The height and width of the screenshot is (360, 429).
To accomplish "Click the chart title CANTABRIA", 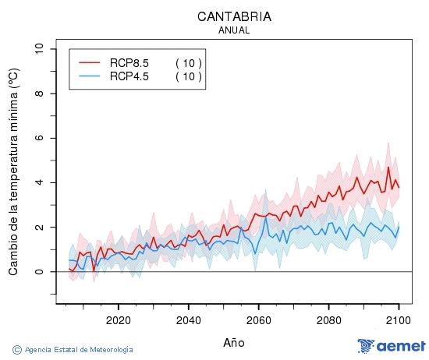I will (x=234, y=16).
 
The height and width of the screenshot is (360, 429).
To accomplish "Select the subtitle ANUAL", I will (x=234, y=30).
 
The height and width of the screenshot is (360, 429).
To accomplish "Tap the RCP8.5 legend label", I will (x=129, y=63).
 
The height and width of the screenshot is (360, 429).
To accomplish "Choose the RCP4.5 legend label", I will (x=129, y=76).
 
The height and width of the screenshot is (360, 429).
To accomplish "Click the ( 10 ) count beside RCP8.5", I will (x=189, y=63).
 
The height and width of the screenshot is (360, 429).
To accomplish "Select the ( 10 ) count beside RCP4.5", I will (x=189, y=76).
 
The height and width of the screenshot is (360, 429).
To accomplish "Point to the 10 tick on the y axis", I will (x=40, y=49).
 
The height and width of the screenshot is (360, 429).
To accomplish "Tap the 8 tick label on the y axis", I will (x=40, y=94).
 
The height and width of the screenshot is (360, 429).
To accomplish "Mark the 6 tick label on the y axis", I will (x=40, y=138).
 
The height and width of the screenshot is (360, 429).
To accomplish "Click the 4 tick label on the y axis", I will (x=40, y=183).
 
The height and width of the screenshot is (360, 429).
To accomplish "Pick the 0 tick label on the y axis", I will (x=40, y=272).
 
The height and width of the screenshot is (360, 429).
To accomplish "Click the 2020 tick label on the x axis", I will (x=118, y=320).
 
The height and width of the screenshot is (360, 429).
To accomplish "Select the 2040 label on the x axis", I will (x=188, y=320).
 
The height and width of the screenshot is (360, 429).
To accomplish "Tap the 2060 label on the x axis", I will (x=258, y=320).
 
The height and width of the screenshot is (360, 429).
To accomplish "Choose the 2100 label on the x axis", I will (x=398, y=320).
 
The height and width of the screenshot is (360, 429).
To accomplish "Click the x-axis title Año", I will (x=234, y=342).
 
